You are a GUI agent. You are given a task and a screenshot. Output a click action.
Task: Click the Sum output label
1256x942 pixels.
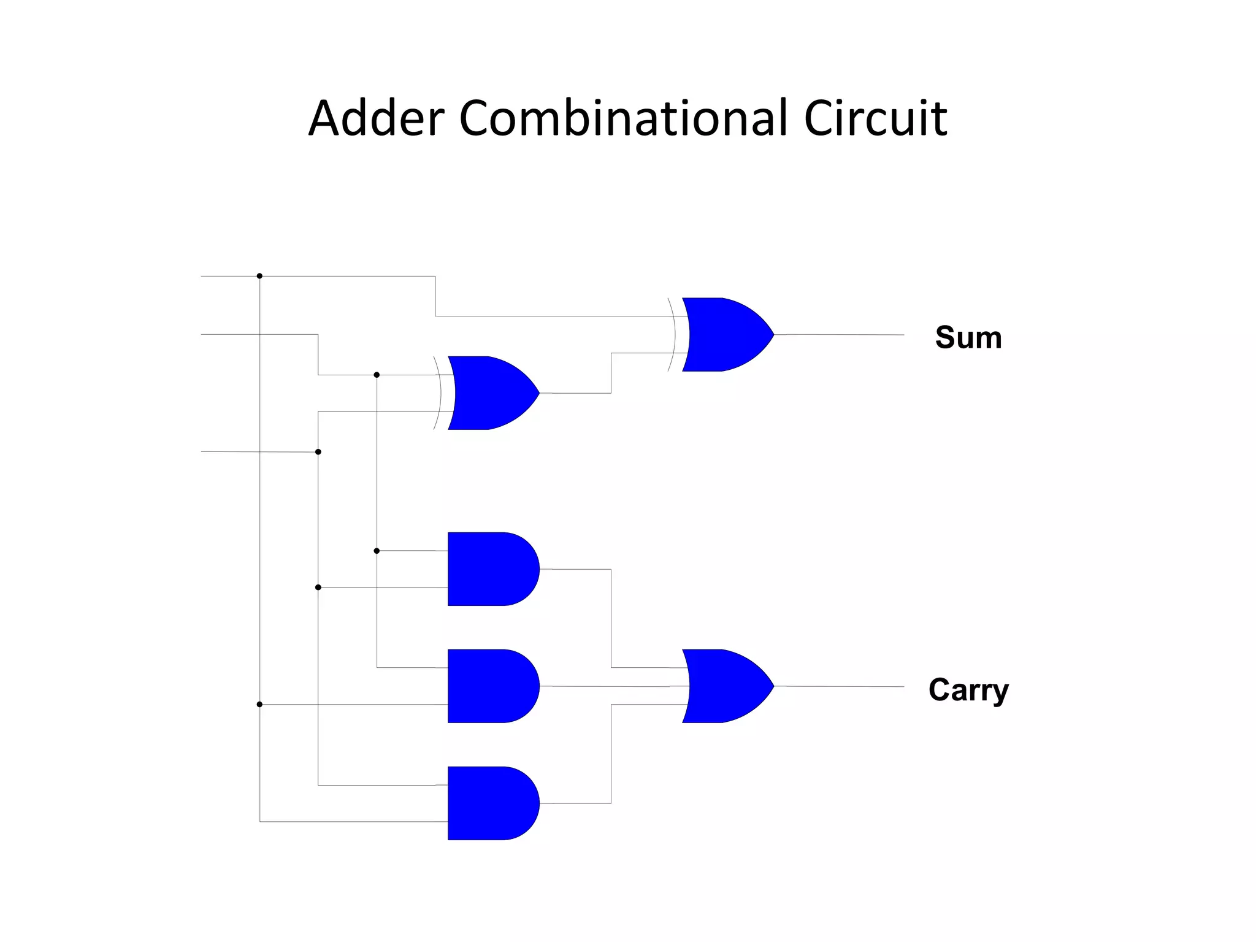pyautogui.click(x=968, y=337)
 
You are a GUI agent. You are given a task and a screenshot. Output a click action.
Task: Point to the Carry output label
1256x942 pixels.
pyautogui.click(x=968, y=690)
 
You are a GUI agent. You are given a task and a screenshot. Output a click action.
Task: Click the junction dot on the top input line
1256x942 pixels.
pyautogui.click(x=259, y=276)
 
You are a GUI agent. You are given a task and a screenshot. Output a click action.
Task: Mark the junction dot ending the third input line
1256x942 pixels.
pyautogui.click(x=318, y=452)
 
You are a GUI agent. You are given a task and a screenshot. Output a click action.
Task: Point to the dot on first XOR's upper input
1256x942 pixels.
pyautogui.click(x=377, y=375)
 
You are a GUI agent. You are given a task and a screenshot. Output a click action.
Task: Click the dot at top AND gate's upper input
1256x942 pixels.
pyautogui.click(x=377, y=551)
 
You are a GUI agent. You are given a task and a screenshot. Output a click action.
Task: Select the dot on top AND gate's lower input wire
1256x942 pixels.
pyautogui.click(x=318, y=588)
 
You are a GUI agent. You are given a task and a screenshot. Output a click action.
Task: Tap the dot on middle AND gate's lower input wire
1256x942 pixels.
pyautogui.click(x=259, y=705)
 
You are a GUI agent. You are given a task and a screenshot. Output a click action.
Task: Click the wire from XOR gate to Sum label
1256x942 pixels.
pyautogui.click(x=840, y=335)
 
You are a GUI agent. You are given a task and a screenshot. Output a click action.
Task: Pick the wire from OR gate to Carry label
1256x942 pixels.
pyautogui.click(x=840, y=686)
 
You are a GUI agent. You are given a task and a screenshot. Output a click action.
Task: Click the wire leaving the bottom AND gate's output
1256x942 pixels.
pyautogui.click(x=576, y=803)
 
